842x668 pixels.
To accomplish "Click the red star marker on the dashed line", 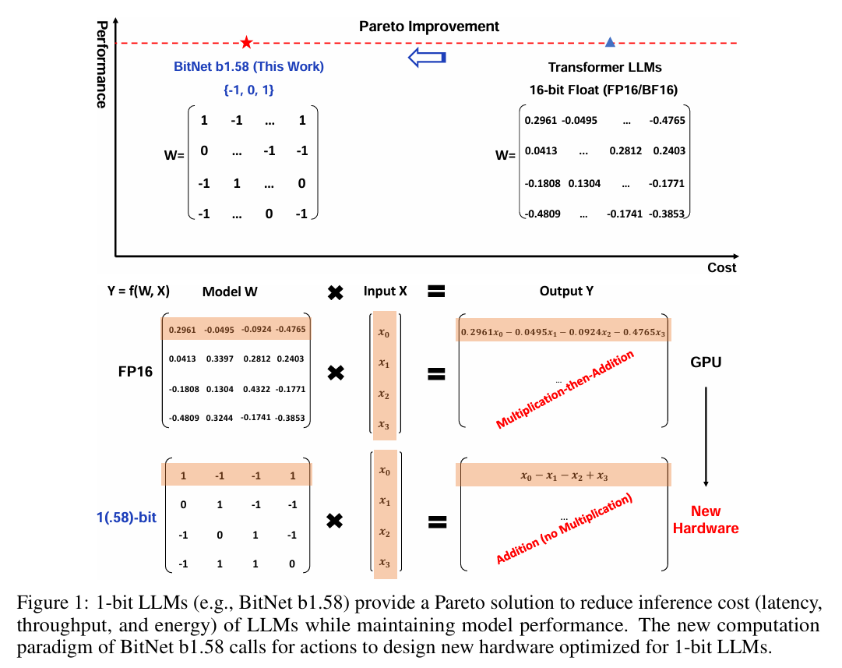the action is coord(246,42).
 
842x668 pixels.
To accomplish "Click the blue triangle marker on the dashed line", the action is coord(610,42).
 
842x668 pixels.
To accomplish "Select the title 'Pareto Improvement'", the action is coord(429,26).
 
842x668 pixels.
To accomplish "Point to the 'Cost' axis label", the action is coord(721,267).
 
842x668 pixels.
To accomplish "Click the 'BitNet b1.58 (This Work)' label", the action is coord(248,67).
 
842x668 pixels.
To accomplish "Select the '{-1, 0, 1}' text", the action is coord(248,90).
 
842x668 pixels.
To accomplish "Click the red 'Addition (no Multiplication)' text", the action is coord(565,530).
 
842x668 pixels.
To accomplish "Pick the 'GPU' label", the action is coord(706,362).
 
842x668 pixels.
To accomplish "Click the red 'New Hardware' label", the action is coord(706,520).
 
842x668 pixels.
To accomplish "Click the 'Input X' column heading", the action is coord(385,292).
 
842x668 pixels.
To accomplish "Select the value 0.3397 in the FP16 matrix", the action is coord(220,359).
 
